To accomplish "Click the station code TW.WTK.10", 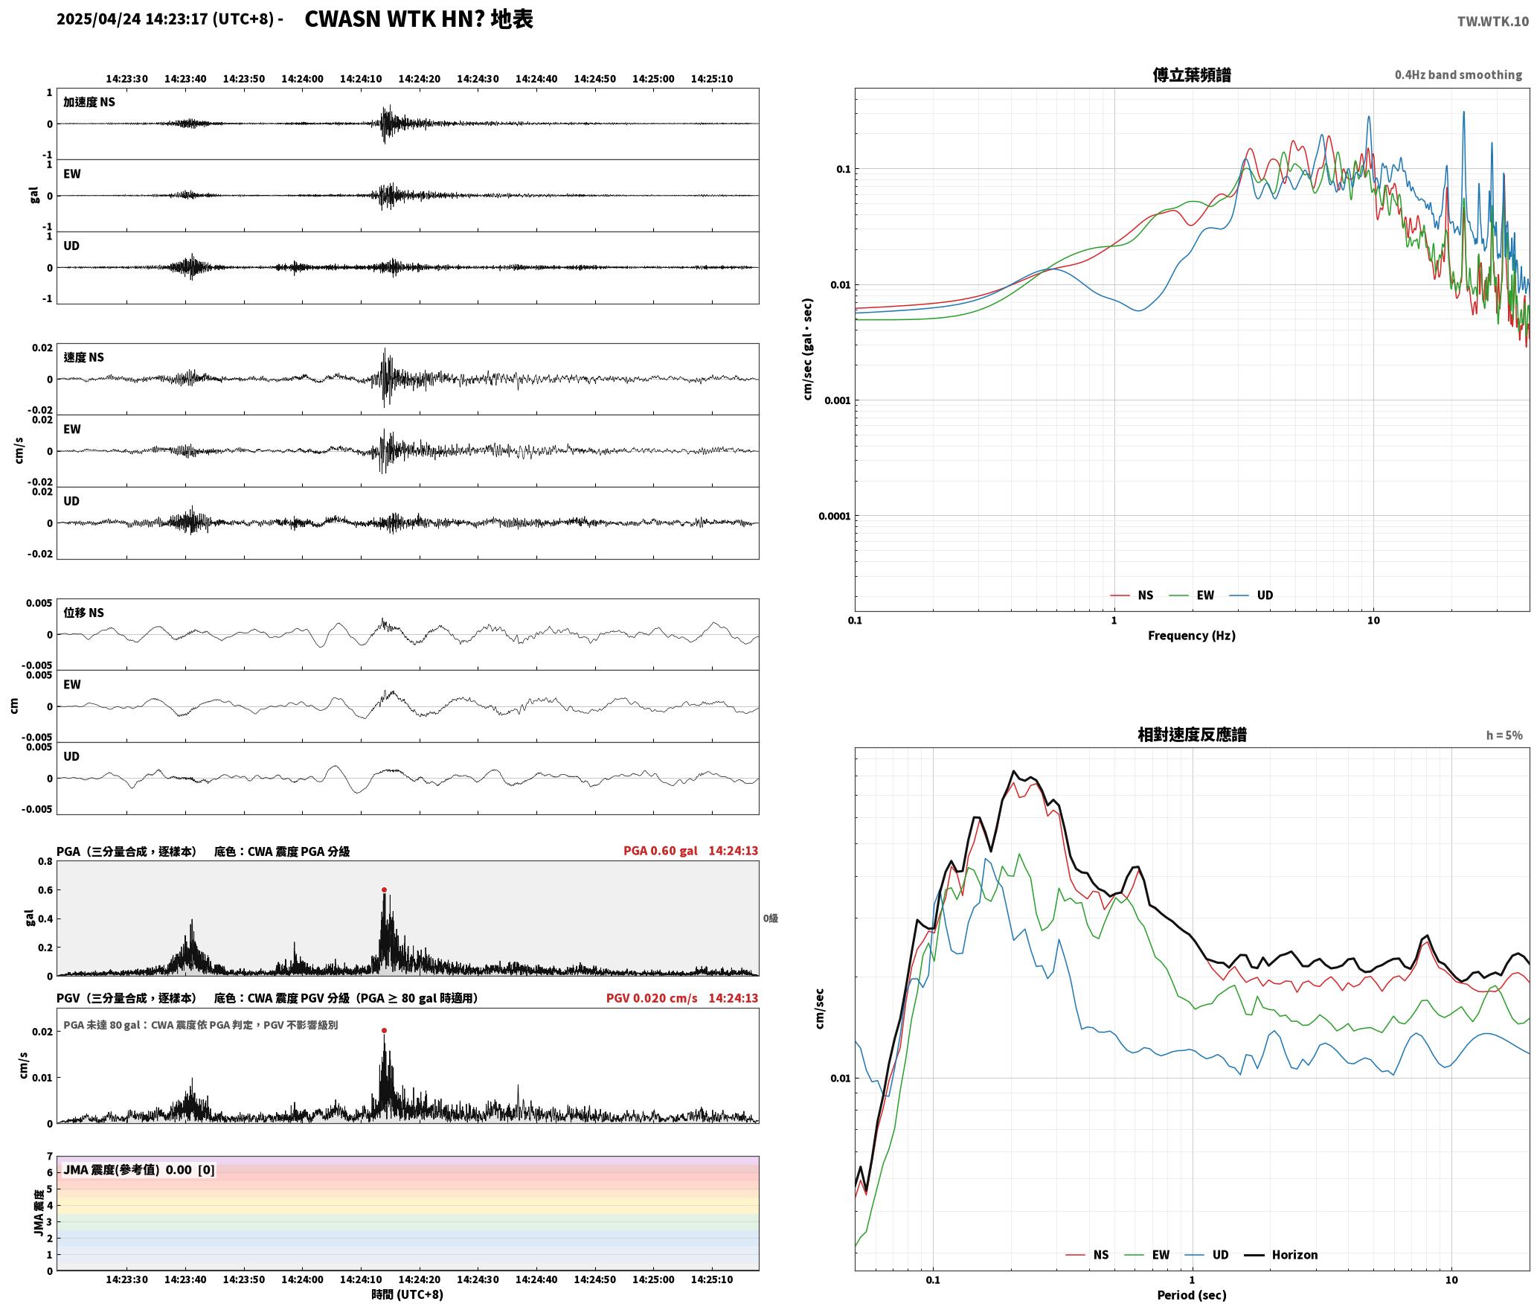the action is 1492,21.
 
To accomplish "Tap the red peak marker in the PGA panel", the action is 384,889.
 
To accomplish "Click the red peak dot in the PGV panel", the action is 384,1030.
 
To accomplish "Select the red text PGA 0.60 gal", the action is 660,851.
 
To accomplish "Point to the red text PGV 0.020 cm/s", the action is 652,998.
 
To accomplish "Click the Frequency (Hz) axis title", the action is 1191,636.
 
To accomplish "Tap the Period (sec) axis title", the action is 1191,1295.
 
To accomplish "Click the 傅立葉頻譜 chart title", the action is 1191,74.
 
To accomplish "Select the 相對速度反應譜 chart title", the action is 1192,735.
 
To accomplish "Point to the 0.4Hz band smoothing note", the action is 1458,74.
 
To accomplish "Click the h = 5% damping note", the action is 1504,735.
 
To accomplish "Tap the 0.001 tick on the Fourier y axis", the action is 837,400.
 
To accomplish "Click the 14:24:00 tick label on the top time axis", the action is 302,79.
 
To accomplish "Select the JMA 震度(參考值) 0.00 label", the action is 128,1169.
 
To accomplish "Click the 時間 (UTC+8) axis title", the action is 408,1294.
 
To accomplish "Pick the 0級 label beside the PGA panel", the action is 770,918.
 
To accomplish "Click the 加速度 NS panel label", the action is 89,102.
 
